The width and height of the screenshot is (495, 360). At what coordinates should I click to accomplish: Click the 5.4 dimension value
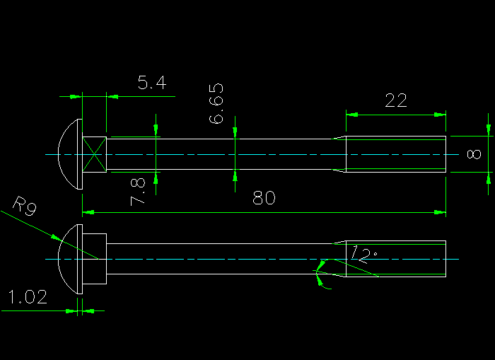151,83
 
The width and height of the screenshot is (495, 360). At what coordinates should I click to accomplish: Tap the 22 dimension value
395,100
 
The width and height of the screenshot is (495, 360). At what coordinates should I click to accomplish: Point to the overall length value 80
264,199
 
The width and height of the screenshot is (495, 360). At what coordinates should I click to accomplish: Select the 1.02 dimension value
27,298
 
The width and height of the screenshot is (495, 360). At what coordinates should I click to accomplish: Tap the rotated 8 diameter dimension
474,154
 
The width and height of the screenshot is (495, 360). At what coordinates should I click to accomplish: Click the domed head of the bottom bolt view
69,260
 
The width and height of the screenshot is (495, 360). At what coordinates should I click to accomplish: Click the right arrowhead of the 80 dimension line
442,211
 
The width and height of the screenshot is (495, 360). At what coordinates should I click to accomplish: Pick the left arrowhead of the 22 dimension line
350,114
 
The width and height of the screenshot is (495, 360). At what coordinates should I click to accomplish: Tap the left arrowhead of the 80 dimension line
87,211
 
